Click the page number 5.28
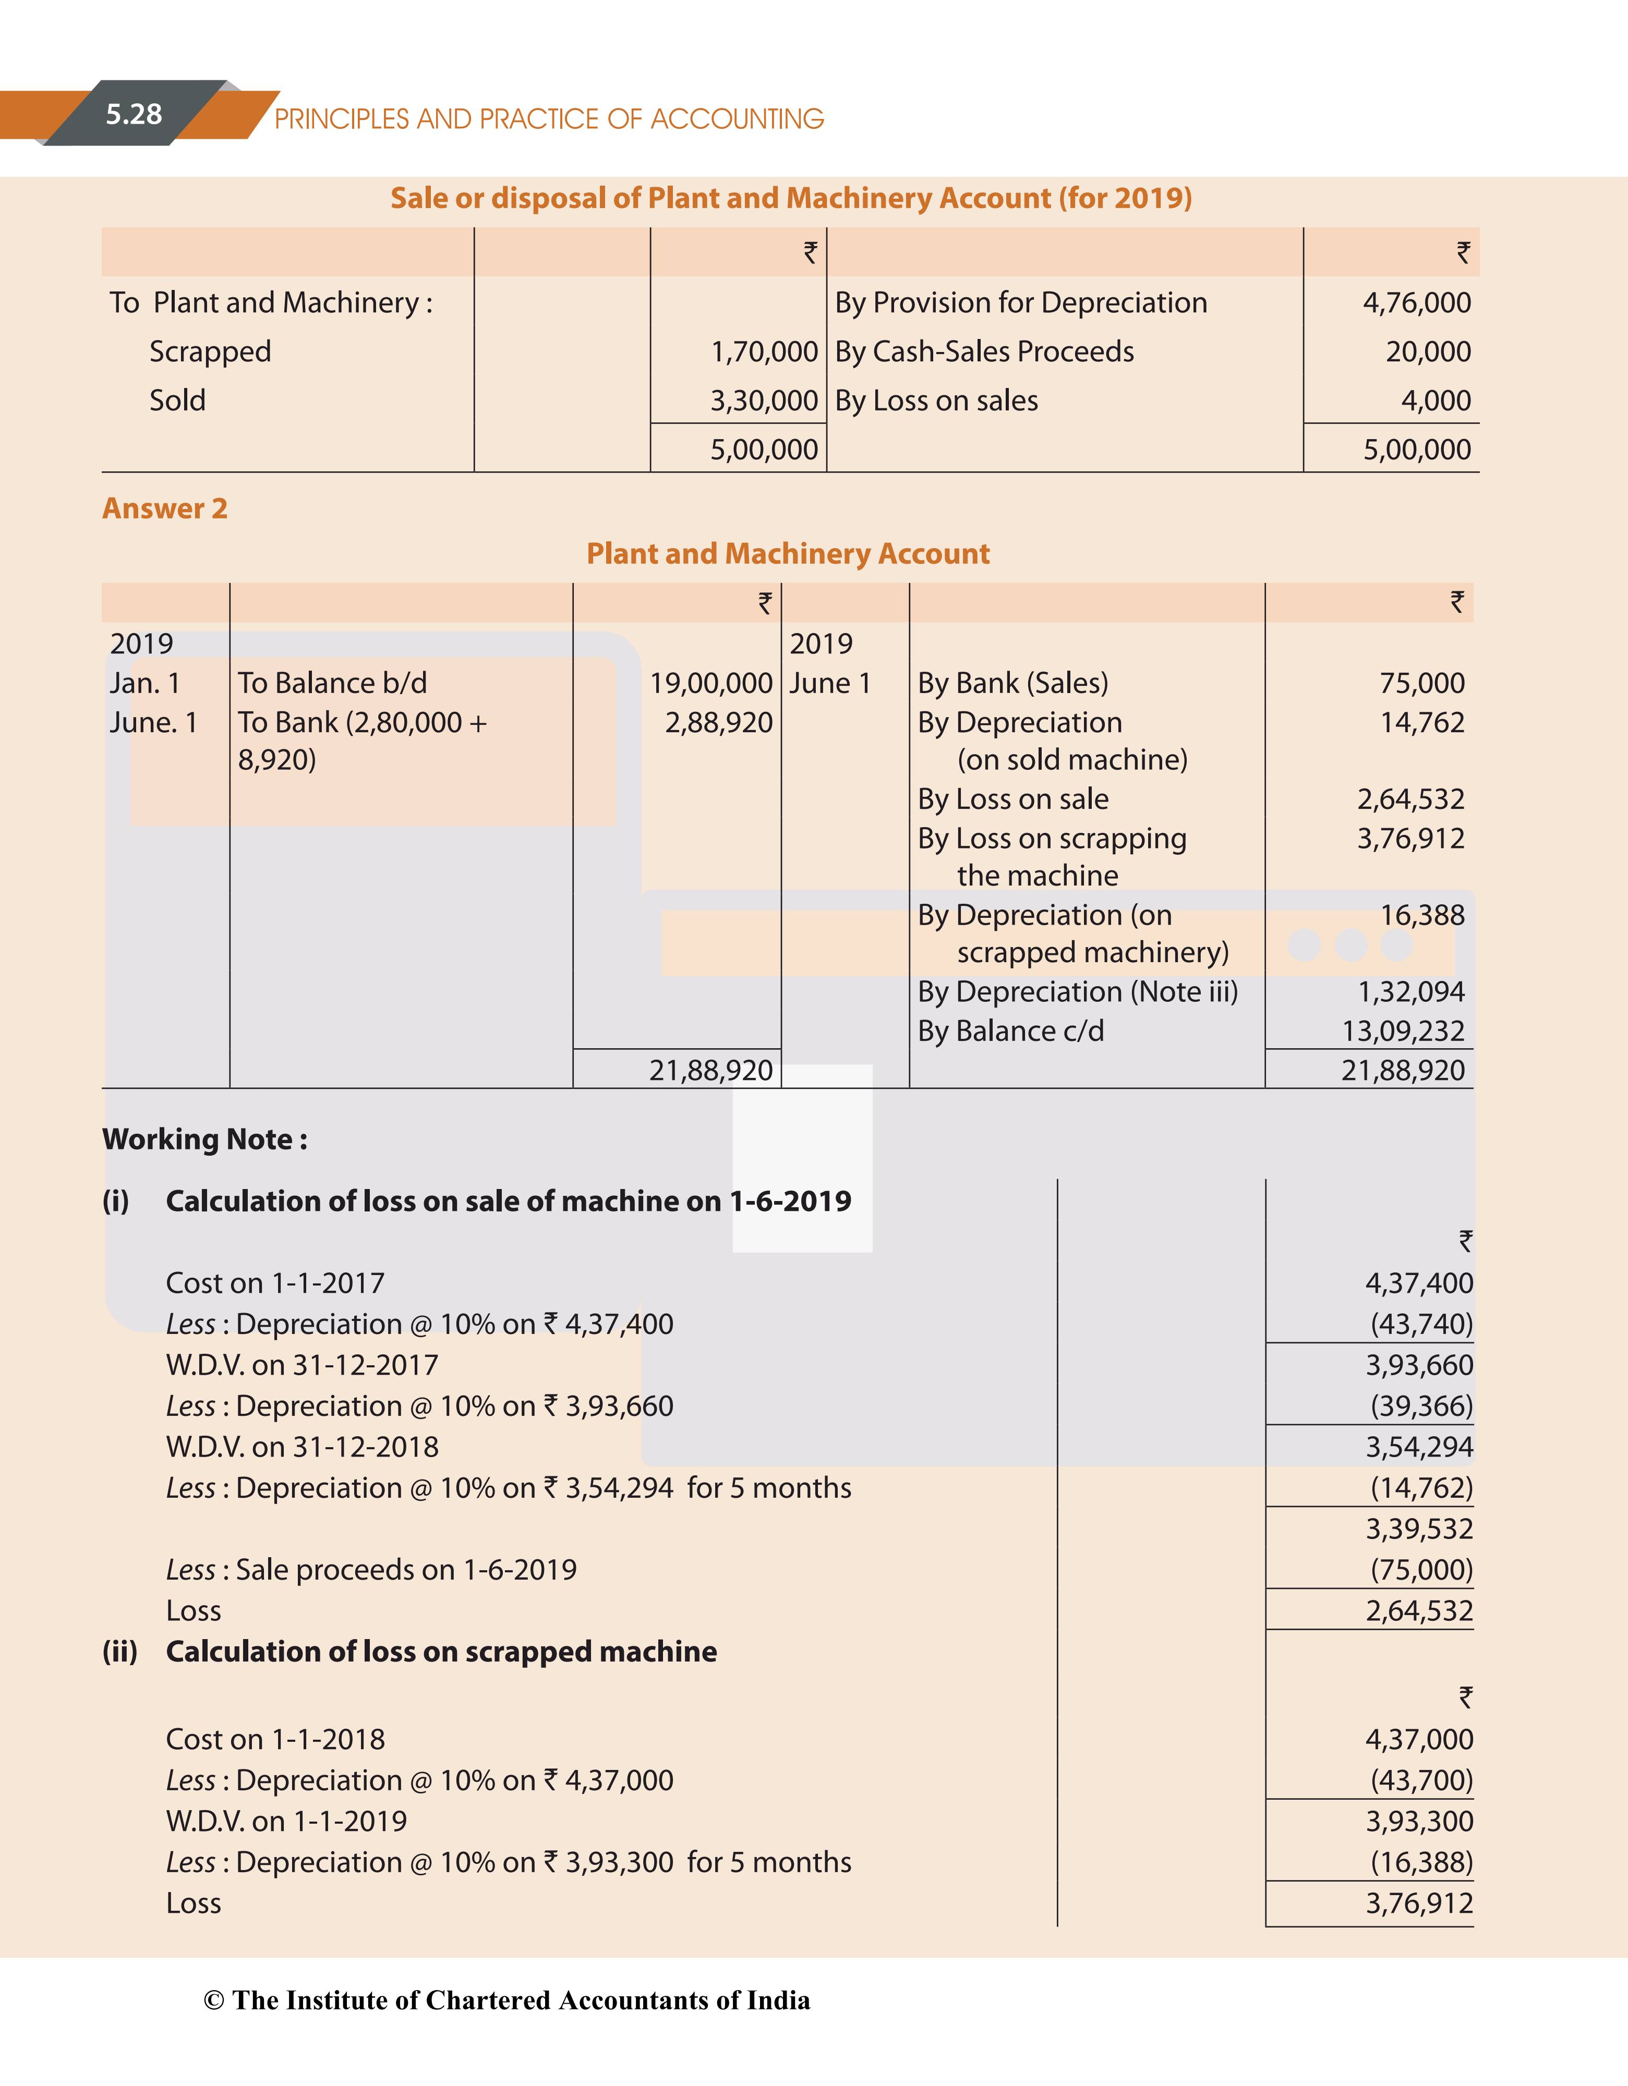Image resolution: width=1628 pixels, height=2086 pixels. pos(134,115)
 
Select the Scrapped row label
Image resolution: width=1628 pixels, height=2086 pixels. pos(210,351)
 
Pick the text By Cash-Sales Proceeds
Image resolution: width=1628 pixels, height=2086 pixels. pos(984,351)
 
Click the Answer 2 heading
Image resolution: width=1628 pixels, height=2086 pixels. pos(164,508)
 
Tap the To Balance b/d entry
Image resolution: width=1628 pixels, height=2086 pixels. pos(332,683)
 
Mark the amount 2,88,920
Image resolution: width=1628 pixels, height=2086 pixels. pos(718,722)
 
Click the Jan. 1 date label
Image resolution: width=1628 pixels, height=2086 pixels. pos(144,683)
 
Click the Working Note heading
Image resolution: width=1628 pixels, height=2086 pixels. pos(204,1139)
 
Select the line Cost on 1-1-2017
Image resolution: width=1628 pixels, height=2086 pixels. pos(275,1283)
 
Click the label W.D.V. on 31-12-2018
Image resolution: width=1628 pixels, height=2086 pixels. pos(302,1447)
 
